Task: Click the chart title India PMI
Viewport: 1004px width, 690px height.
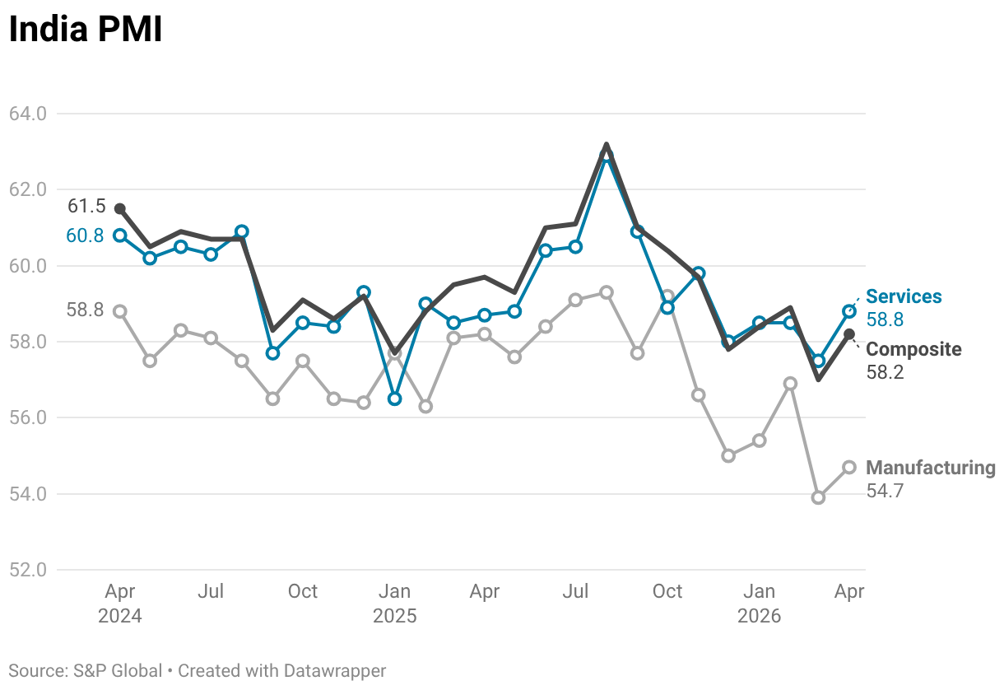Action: click(85, 29)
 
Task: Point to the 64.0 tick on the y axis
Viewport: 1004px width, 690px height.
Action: click(28, 114)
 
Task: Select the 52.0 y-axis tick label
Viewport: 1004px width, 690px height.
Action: click(28, 570)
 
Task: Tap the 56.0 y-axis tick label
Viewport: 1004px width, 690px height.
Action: click(28, 417)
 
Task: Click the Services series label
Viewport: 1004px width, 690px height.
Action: click(904, 296)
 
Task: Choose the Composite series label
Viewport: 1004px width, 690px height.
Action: click(913, 349)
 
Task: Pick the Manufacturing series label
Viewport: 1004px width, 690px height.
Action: click(931, 468)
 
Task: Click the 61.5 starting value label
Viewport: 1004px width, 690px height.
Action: click(86, 206)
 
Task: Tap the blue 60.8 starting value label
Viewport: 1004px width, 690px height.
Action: click(85, 235)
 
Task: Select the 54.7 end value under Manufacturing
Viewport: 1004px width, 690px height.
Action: click(885, 491)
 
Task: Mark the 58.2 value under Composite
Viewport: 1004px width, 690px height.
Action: click(885, 372)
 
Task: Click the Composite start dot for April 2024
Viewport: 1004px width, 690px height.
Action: click(120, 209)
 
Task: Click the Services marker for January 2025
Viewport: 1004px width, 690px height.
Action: click(394, 399)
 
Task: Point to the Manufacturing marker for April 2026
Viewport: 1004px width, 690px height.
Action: click(849, 468)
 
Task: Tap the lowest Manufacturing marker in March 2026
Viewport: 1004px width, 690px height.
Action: click(819, 497)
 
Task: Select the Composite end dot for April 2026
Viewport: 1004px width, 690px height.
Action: click(849, 334)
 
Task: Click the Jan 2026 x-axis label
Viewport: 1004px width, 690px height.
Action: click(759, 604)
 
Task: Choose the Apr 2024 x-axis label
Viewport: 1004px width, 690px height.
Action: click(120, 604)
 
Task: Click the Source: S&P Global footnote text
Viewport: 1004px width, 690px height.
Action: click(85, 671)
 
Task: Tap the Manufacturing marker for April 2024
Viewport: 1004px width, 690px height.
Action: click(120, 311)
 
